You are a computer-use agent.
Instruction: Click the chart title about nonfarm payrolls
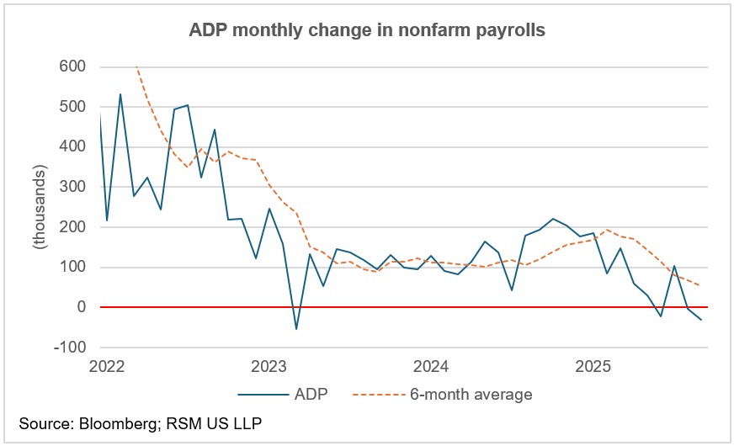[x=366, y=32]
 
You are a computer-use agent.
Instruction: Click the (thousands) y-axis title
[x=39, y=205]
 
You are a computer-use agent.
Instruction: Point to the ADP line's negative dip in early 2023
[x=295, y=328]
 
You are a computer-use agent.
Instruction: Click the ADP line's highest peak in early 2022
[x=120, y=94]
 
